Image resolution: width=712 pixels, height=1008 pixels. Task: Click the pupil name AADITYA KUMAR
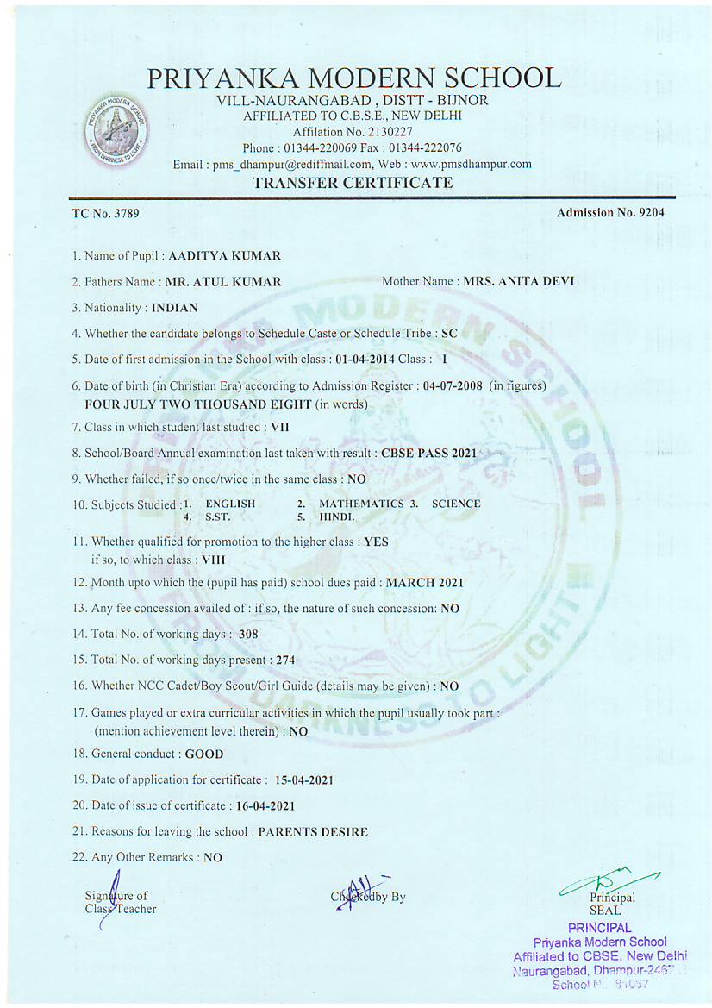224,256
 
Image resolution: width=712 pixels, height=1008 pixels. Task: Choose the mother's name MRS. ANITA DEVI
519,281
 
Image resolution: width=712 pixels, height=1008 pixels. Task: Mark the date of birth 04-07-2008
453,385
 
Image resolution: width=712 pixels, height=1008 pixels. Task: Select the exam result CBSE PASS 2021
428,452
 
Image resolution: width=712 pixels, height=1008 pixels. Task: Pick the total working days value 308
249,635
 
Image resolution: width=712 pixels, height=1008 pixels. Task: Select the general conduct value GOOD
204,754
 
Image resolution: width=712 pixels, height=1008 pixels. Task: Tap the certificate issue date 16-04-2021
265,806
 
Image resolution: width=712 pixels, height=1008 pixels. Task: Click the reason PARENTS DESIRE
313,832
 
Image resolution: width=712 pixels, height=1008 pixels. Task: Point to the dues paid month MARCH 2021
424,583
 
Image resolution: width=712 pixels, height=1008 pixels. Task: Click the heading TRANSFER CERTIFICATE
353,183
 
